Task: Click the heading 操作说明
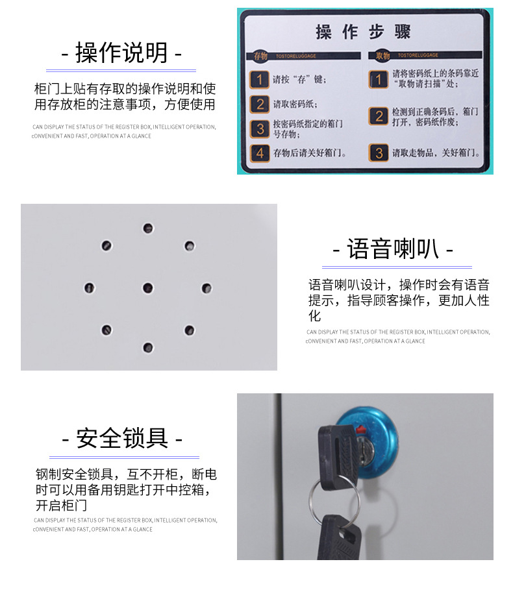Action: [x=121, y=53]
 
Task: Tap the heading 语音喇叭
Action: [x=392, y=249]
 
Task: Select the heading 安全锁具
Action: [x=122, y=438]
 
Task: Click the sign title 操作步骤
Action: [x=363, y=32]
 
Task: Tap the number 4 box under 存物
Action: [x=260, y=153]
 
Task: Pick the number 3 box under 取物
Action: [x=379, y=153]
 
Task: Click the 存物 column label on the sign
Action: [x=260, y=56]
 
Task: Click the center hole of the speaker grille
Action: [x=148, y=288]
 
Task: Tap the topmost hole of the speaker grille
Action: [x=148, y=228]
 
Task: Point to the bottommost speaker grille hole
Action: [x=148, y=347]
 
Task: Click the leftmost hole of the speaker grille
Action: [x=89, y=288]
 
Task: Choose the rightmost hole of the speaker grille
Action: [x=206, y=288]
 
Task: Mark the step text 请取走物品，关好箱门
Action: [x=435, y=154]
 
